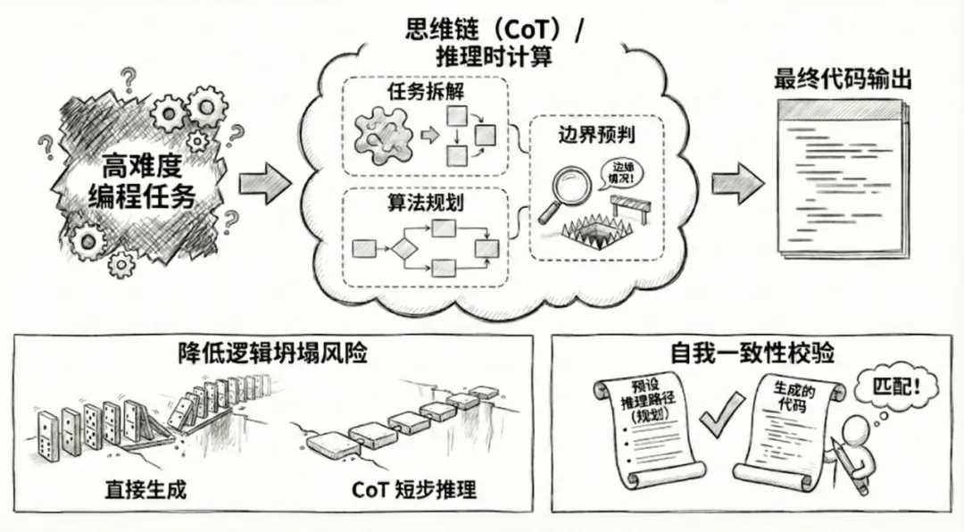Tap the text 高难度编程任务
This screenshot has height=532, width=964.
point(142,181)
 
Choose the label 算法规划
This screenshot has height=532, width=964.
point(425,203)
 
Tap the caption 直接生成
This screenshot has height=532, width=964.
point(145,489)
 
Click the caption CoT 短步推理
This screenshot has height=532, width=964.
point(413,489)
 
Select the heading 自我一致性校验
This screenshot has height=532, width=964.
point(752,353)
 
